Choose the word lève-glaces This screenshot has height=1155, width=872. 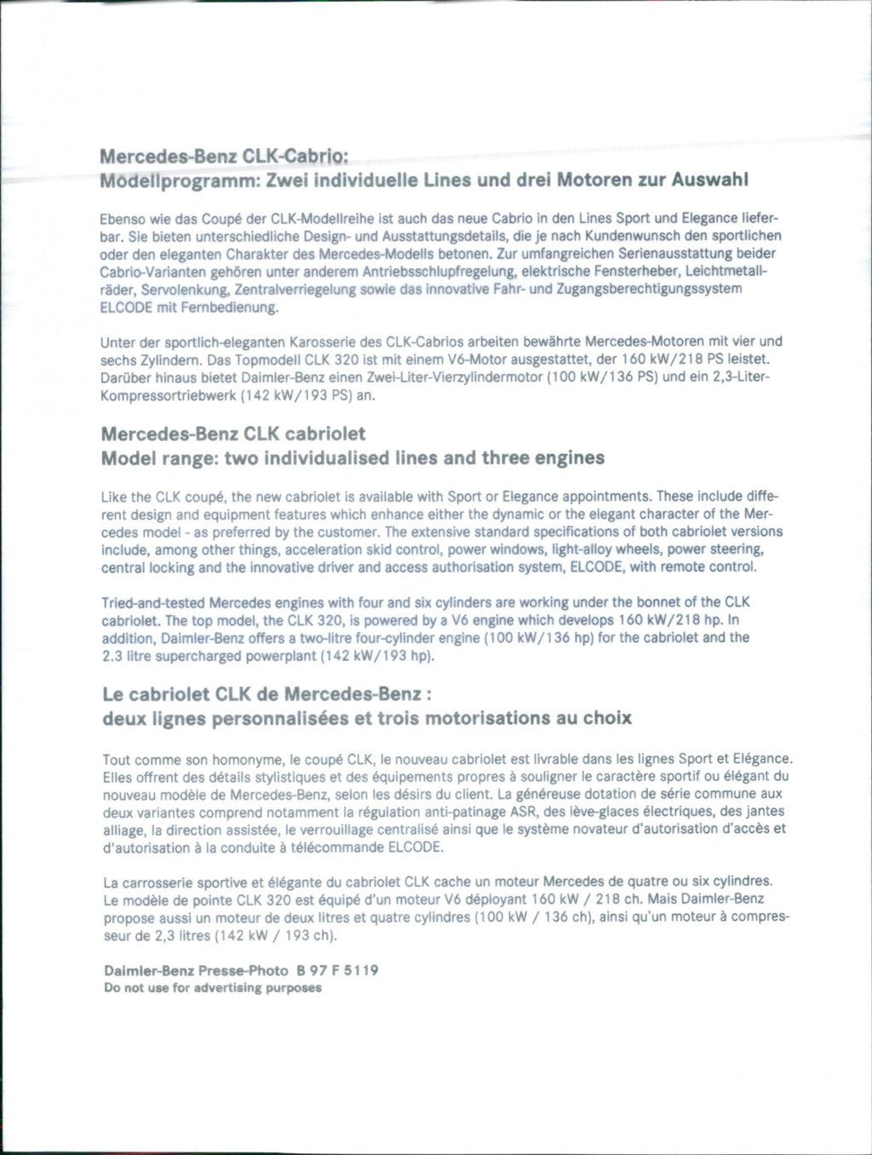point(579,812)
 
